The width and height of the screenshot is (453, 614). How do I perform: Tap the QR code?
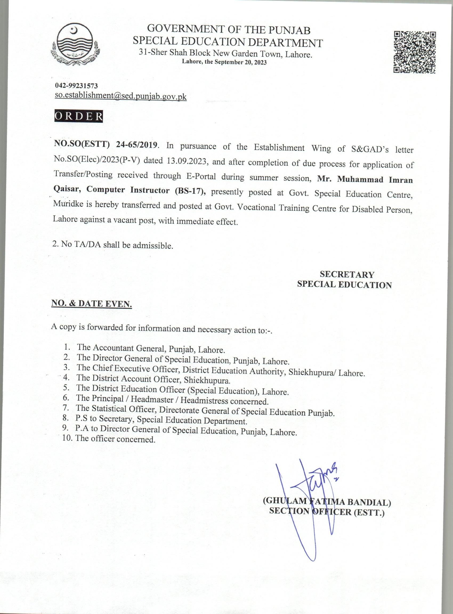[x=415, y=52]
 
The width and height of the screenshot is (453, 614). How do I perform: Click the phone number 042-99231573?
[x=76, y=86]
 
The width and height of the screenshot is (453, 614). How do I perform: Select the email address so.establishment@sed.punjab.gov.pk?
[x=121, y=96]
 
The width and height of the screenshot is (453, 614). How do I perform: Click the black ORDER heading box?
[x=78, y=116]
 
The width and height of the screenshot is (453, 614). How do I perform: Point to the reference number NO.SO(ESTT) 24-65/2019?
[x=106, y=145]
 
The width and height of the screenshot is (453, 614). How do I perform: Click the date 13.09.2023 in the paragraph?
[x=186, y=161]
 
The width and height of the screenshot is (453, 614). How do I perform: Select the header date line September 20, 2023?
[x=224, y=62]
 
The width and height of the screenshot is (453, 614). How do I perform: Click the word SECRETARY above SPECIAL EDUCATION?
[x=347, y=274]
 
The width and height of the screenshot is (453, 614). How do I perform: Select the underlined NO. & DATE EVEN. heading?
[x=92, y=304]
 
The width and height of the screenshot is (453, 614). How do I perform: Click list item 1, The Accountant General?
[x=151, y=348]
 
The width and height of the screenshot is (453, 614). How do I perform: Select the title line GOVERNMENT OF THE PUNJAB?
[x=229, y=30]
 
